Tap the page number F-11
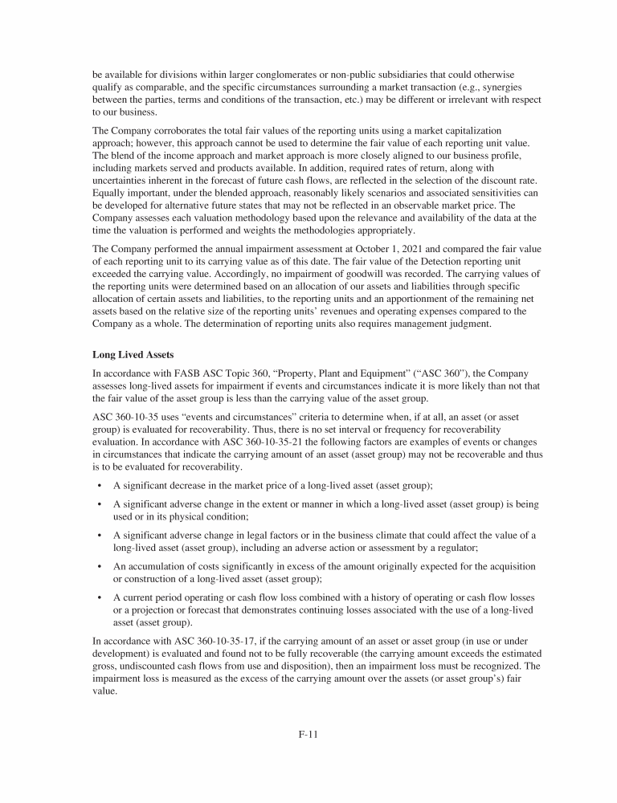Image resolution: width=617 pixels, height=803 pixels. [308, 733]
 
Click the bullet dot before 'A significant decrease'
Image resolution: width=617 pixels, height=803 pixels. [99, 485]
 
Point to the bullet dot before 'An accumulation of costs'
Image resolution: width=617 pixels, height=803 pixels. [99, 567]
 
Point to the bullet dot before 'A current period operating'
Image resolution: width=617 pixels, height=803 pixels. [99, 597]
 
